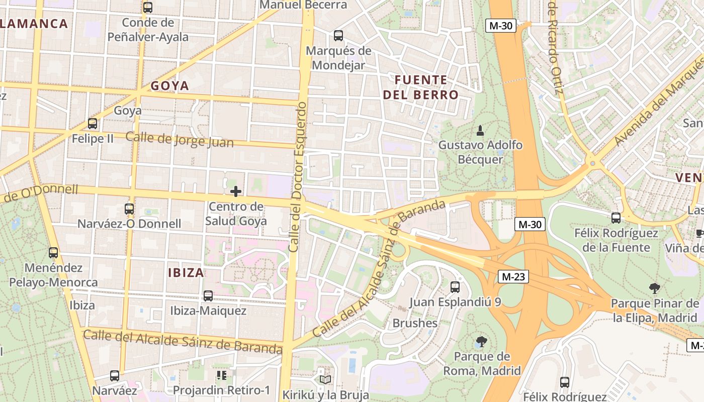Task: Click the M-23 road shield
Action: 513,276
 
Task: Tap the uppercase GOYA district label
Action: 170,86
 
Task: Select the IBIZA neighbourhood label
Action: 186,273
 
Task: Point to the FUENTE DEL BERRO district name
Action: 421,87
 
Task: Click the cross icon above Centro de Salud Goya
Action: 235,191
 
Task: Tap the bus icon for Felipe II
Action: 93,124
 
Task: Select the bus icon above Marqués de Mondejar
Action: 338,36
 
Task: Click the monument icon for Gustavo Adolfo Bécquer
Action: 480,131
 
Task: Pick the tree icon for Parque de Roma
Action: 481,342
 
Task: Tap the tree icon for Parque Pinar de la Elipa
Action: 654,288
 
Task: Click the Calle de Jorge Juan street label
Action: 180,140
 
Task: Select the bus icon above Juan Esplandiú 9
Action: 455,287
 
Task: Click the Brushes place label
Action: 415,323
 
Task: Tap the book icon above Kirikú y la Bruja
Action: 325,379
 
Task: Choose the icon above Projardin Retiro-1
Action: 221,375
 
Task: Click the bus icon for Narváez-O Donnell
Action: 129,209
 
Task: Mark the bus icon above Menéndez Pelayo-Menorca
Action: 53,253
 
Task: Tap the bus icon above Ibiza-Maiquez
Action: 208,296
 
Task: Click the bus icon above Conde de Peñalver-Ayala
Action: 148,8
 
